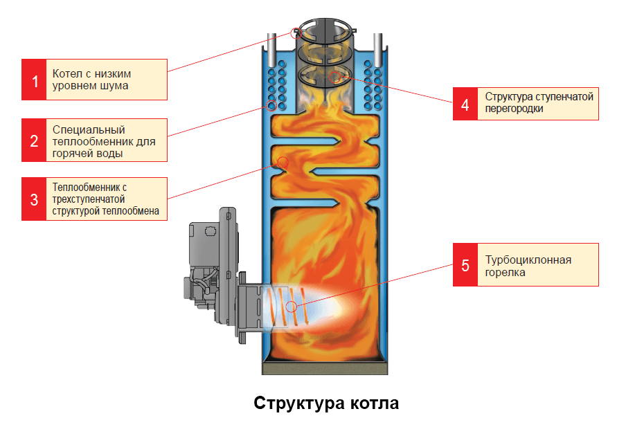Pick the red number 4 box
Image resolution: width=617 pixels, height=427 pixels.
tap(465, 103)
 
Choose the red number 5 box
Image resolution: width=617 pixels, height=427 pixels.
tap(465, 264)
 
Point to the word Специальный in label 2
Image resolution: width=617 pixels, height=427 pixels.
tap(79, 129)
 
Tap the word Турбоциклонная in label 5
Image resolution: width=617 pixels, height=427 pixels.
tap(528, 260)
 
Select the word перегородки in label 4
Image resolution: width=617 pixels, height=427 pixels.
tap(514, 109)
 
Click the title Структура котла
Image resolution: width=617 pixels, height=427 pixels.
tap(326, 403)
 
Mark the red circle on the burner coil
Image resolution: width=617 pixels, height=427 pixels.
tap(292, 306)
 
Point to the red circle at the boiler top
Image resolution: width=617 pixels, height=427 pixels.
tap(296, 31)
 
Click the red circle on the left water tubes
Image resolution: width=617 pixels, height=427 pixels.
tap(271, 106)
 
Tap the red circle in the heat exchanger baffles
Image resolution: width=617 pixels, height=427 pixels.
tap(283, 162)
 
